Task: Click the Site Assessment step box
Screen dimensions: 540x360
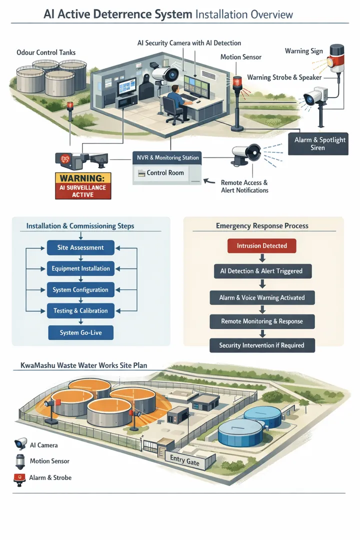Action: [x=80, y=247]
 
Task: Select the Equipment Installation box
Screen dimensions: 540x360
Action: [x=80, y=268]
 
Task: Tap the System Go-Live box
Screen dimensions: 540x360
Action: [x=80, y=332]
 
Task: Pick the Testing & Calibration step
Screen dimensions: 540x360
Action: [x=80, y=310]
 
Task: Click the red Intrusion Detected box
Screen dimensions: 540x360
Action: [x=262, y=245]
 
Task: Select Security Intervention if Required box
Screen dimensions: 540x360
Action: [x=262, y=345]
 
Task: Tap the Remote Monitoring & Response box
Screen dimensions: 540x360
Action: [x=262, y=321]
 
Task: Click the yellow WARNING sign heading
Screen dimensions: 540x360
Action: [x=82, y=178]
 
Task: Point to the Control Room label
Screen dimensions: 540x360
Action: [x=165, y=173]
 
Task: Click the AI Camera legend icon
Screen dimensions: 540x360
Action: [x=20, y=443]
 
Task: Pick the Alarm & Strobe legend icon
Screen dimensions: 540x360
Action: [x=20, y=478]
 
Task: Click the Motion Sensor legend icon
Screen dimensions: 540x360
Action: [x=20, y=461]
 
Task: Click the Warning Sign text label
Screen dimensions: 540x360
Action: [x=303, y=51]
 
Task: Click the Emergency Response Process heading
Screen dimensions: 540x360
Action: [x=262, y=225]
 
